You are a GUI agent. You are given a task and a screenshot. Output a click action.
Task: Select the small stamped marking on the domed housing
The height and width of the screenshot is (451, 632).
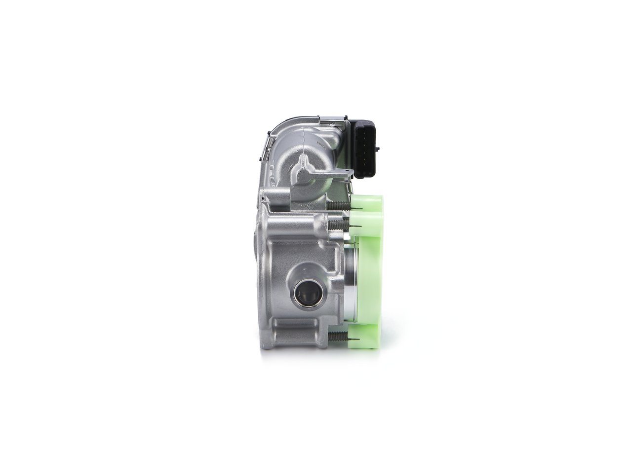click(x=319, y=144)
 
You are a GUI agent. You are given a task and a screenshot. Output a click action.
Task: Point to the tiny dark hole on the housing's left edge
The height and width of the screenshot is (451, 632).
click(x=264, y=200)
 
